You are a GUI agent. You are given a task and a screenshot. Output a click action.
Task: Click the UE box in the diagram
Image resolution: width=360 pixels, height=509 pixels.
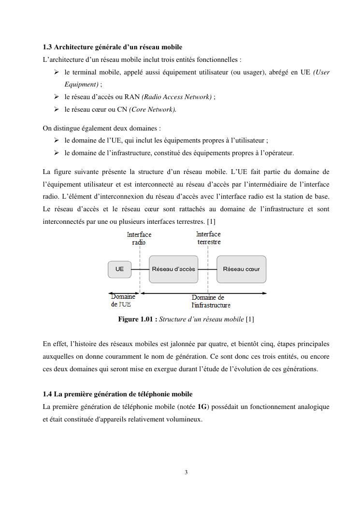[119, 269]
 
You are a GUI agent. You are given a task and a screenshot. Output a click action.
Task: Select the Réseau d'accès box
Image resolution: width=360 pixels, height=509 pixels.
[173, 269]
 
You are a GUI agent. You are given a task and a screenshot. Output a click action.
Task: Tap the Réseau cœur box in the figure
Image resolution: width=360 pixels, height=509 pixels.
[241, 269]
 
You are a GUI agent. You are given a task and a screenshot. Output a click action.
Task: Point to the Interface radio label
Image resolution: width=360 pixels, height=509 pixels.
[139, 238]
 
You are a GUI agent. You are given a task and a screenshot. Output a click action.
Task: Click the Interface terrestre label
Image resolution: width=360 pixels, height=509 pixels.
[209, 238]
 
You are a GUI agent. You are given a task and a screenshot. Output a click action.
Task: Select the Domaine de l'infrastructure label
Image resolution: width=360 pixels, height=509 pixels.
[211, 301]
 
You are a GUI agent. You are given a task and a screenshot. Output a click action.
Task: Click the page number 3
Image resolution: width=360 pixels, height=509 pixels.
[186, 472]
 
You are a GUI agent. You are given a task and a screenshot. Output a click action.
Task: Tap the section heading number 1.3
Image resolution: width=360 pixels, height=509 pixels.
[47, 47]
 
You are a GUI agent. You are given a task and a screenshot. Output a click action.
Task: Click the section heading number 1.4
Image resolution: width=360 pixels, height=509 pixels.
[47, 394]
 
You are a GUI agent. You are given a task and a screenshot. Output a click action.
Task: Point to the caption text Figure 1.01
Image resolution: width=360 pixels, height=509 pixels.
[138, 320]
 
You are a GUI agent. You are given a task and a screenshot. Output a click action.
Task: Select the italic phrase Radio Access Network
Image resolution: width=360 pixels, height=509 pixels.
[176, 97]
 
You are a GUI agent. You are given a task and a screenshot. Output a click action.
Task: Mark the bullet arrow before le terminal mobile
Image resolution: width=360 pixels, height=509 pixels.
[57, 73]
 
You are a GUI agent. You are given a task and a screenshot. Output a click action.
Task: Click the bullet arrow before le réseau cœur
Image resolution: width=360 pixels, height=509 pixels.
[57, 110]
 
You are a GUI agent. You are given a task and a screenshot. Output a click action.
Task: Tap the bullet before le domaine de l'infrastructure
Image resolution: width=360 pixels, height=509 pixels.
[57, 153]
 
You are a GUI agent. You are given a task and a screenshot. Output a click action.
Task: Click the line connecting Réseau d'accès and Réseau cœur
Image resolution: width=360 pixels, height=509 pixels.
[207, 269]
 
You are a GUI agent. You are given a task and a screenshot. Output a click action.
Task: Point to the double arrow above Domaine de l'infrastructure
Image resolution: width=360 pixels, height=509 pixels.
[203, 293]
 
